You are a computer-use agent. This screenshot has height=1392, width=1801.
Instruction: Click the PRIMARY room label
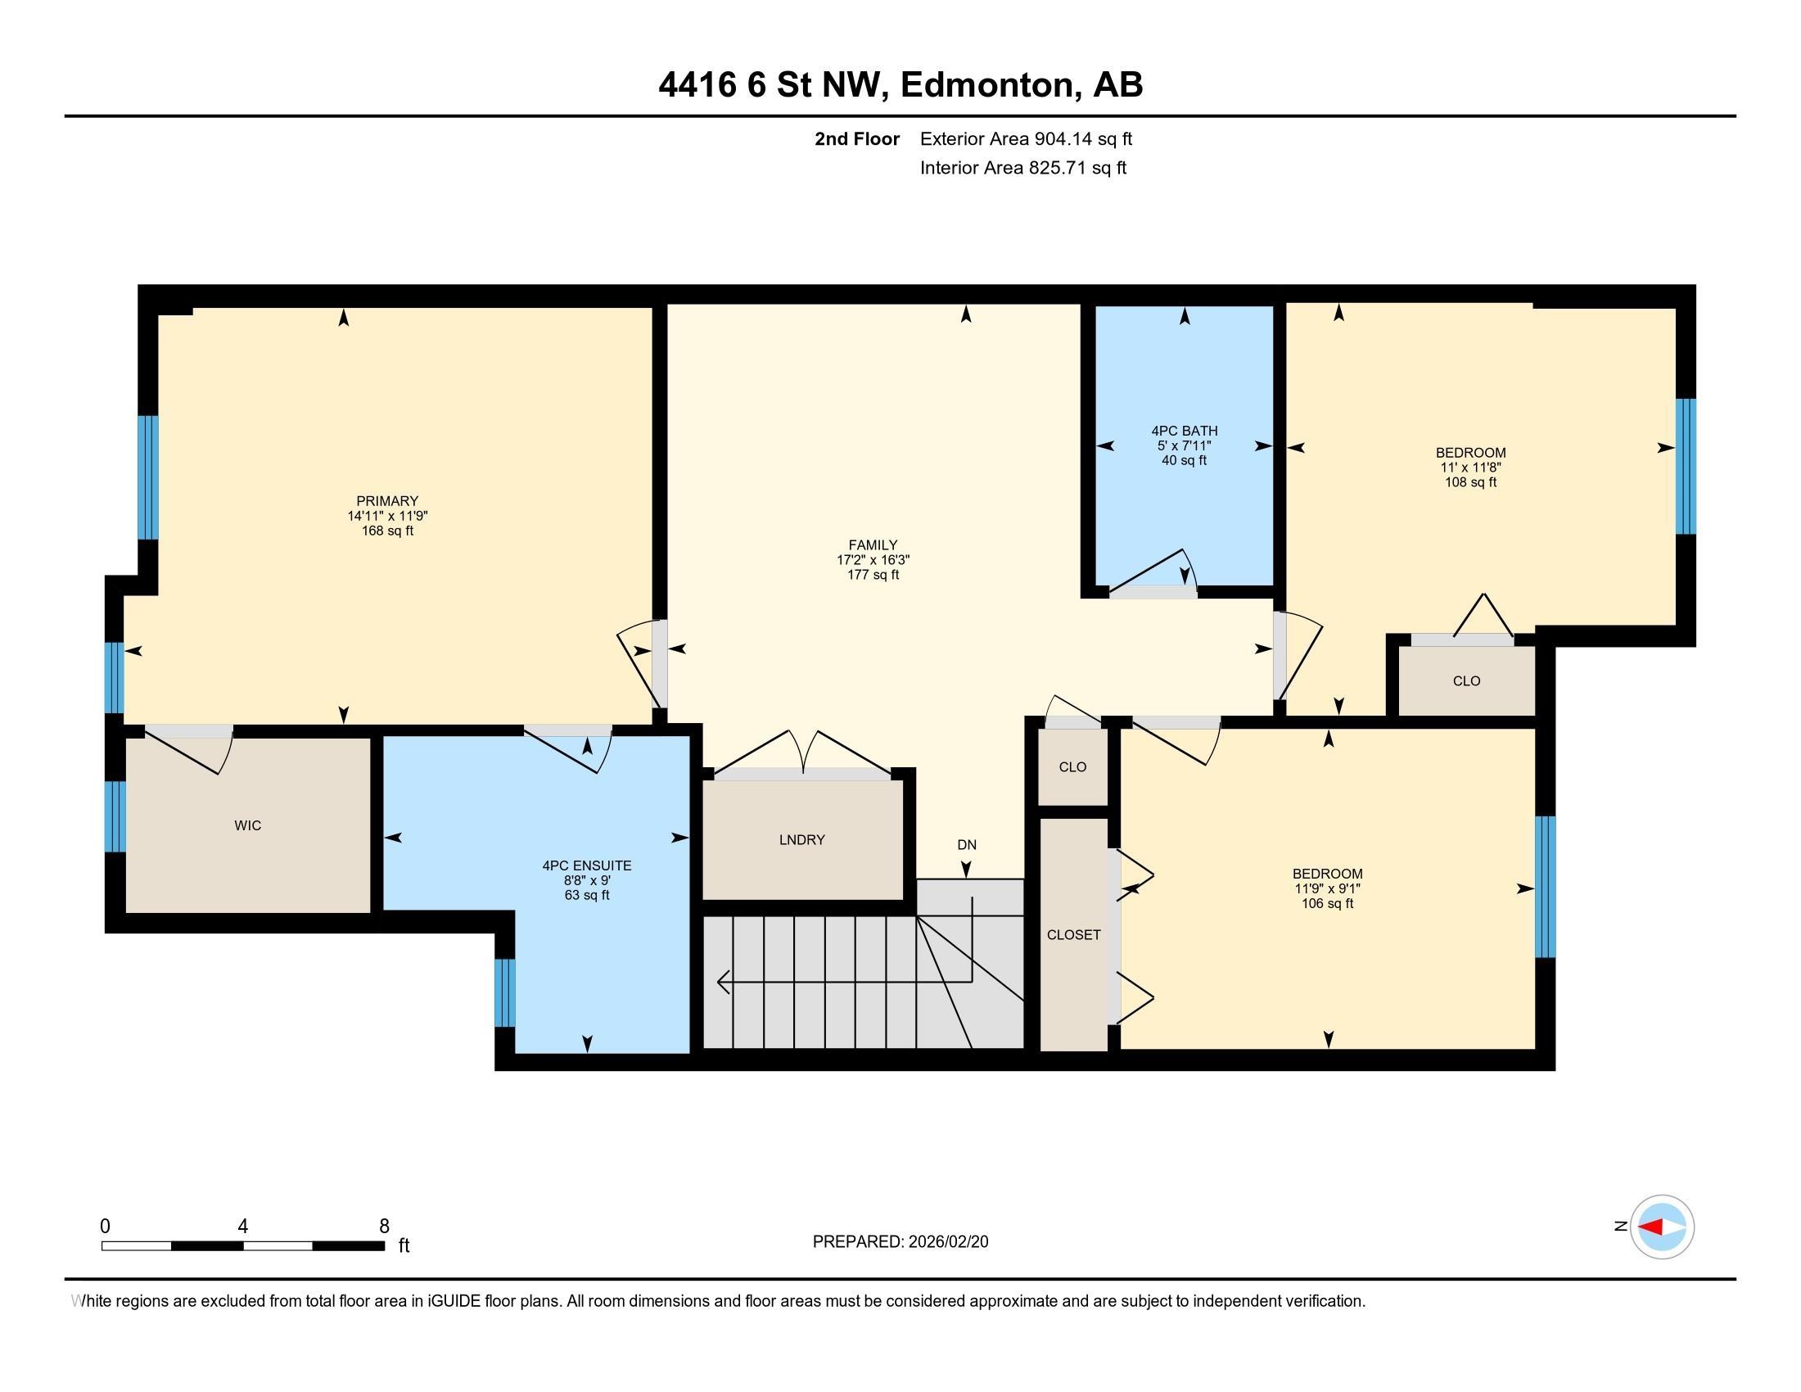(387, 500)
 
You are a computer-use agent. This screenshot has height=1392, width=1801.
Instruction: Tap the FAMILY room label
(873, 545)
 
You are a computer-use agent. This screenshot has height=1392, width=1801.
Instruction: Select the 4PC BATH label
(1185, 431)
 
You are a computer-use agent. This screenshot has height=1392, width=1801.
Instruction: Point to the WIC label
(247, 825)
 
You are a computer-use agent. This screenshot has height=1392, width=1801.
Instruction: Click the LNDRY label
(801, 839)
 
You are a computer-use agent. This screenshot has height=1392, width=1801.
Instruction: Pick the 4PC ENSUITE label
(586, 865)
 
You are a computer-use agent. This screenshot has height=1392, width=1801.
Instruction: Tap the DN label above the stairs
(967, 844)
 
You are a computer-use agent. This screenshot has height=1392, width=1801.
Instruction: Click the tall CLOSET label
(1074, 934)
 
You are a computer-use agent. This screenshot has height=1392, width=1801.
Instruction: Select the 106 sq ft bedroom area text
(1327, 903)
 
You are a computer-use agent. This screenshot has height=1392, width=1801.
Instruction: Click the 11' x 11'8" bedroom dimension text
(1470, 467)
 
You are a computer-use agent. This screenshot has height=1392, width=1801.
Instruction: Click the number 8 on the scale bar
(383, 1227)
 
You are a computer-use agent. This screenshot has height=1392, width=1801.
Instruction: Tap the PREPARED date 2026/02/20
(946, 1242)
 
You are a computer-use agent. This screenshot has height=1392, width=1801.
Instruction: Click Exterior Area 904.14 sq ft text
(1026, 138)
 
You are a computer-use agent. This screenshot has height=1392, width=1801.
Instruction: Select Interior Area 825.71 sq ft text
(1022, 167)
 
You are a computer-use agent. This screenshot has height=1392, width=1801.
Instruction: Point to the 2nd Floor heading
(857, 138)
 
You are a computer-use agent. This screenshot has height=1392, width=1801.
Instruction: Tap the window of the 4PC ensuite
(504, 992)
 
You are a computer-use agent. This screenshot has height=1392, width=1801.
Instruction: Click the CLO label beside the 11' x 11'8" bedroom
(1466, 680)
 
